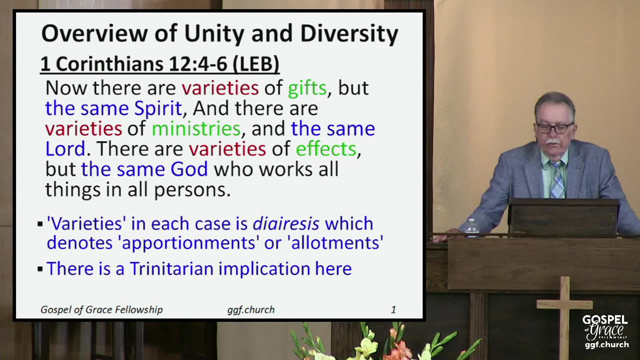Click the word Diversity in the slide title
349,34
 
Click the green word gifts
307,88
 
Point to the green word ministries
196,129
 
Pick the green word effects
326,149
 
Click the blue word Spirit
158,108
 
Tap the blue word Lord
65,149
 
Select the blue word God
189,169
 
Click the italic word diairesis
286,223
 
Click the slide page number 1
393,310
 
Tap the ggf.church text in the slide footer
251,310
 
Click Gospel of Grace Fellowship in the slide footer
102,310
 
